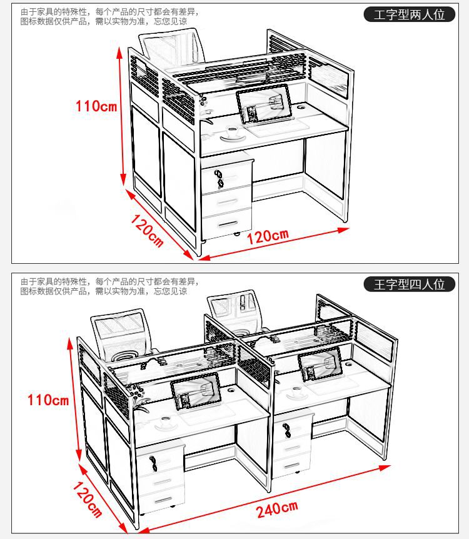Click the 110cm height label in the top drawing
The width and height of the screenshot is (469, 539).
(96, 106)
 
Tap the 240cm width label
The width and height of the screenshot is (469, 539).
(276, 510)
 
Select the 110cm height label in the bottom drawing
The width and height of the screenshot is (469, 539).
(48, 399)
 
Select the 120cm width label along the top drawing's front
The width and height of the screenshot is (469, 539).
(268, 236)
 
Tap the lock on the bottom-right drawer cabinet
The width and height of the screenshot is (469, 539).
(287, 430)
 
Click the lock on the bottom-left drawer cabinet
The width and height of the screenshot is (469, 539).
(154, 463)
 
